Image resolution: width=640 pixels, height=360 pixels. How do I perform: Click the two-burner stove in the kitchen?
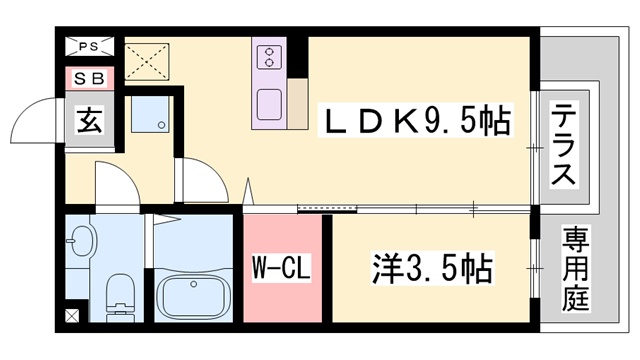point(270,58)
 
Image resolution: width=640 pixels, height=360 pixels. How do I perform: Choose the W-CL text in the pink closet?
point(283,268)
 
